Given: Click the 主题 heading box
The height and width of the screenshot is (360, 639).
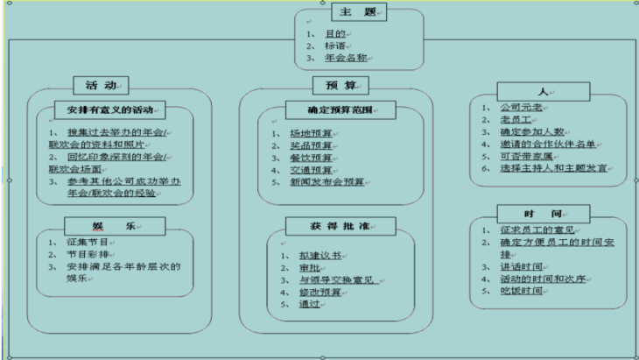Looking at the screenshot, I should [359, 13].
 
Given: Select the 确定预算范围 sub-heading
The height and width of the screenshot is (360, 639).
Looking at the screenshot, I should [341, 110].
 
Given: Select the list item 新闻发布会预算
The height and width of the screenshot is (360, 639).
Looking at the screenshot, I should [328, 181].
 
